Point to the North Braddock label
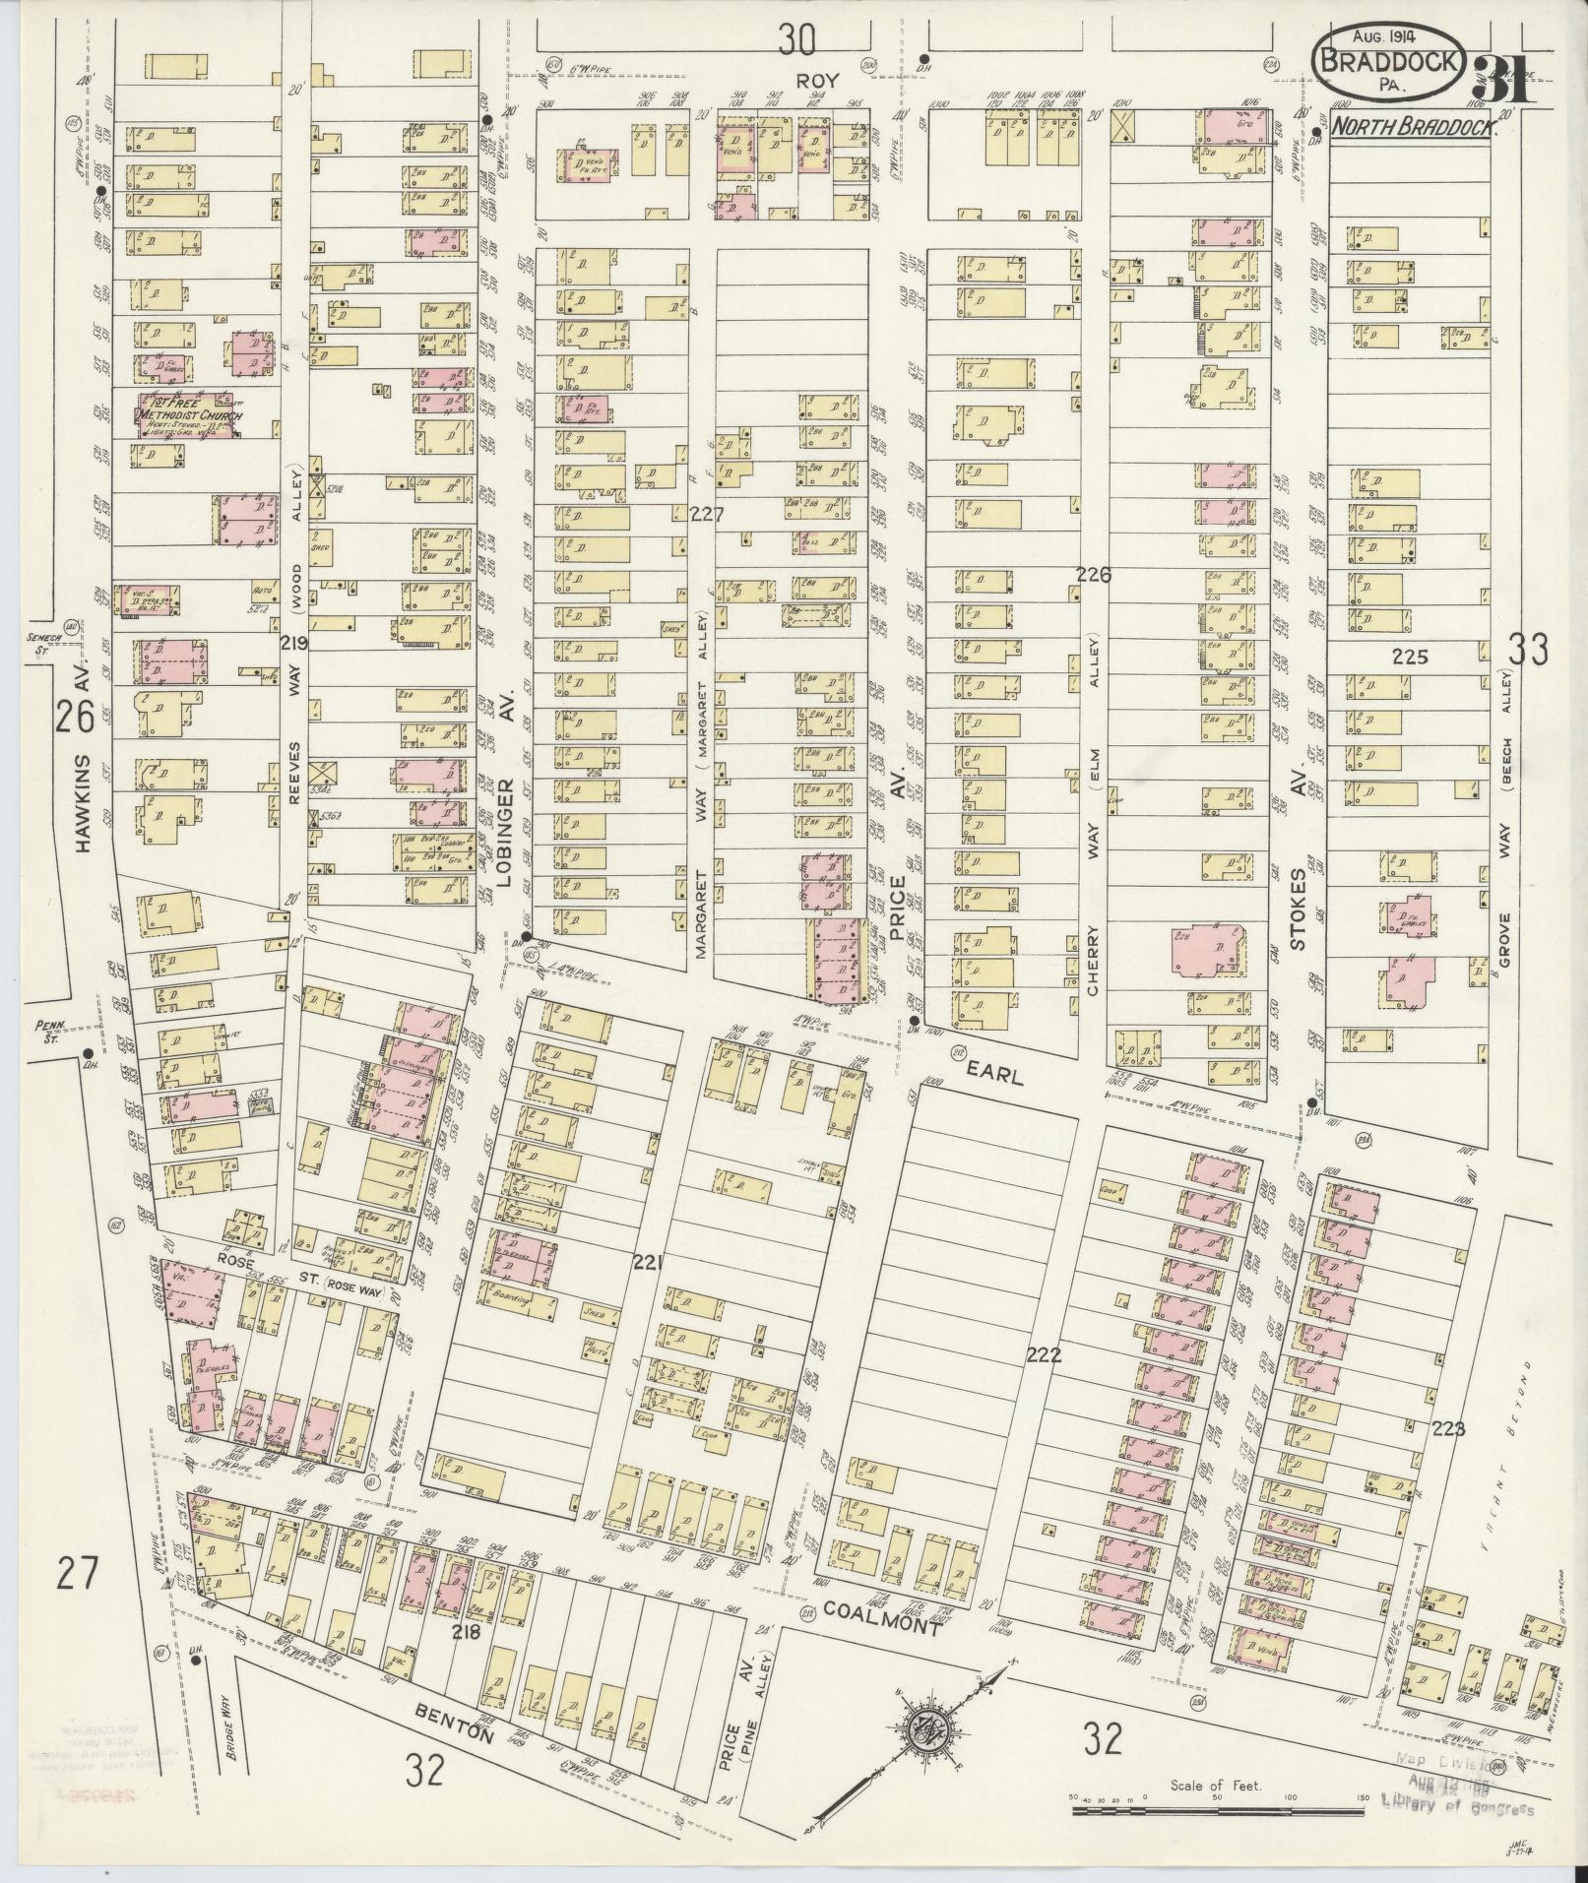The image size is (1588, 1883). (x=1411, y=127)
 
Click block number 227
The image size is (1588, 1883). (x=706, y=513)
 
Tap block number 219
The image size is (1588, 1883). (x=294, y=643)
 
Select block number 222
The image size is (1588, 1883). (x=1043, y=1354)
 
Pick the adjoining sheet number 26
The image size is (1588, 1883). (x=75, y=716)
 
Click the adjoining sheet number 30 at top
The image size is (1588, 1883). (x=797, y=40)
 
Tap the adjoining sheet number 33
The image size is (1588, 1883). (x=1529, y=650)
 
